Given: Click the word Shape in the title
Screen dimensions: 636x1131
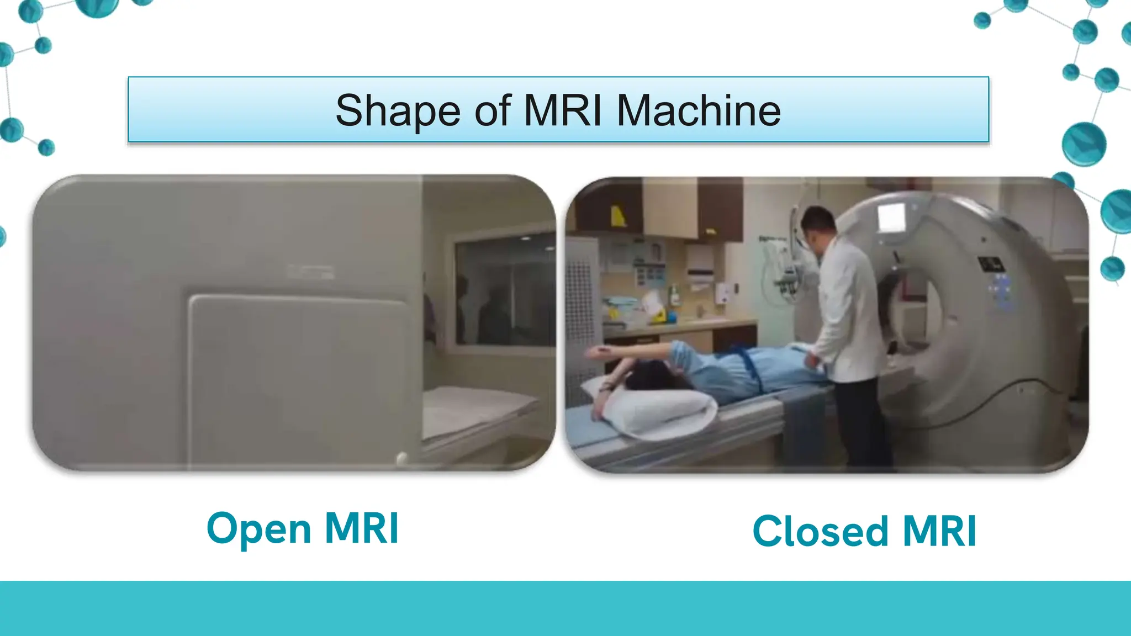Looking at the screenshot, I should [397, 111].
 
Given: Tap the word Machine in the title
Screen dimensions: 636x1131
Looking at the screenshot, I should [699, 110].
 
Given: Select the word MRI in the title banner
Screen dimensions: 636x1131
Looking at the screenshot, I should [562, 110].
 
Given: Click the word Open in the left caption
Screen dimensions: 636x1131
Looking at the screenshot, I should [258, 529].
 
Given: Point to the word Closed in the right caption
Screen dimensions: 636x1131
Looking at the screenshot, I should [820, 532].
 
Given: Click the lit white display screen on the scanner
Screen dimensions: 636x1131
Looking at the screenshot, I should [891, 218].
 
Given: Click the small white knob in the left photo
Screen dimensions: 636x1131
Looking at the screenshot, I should [401, 458].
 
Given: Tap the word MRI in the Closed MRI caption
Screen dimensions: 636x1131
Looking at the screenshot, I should [940, 532].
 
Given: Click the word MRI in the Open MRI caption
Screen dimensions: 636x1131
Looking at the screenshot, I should [362, 529].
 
